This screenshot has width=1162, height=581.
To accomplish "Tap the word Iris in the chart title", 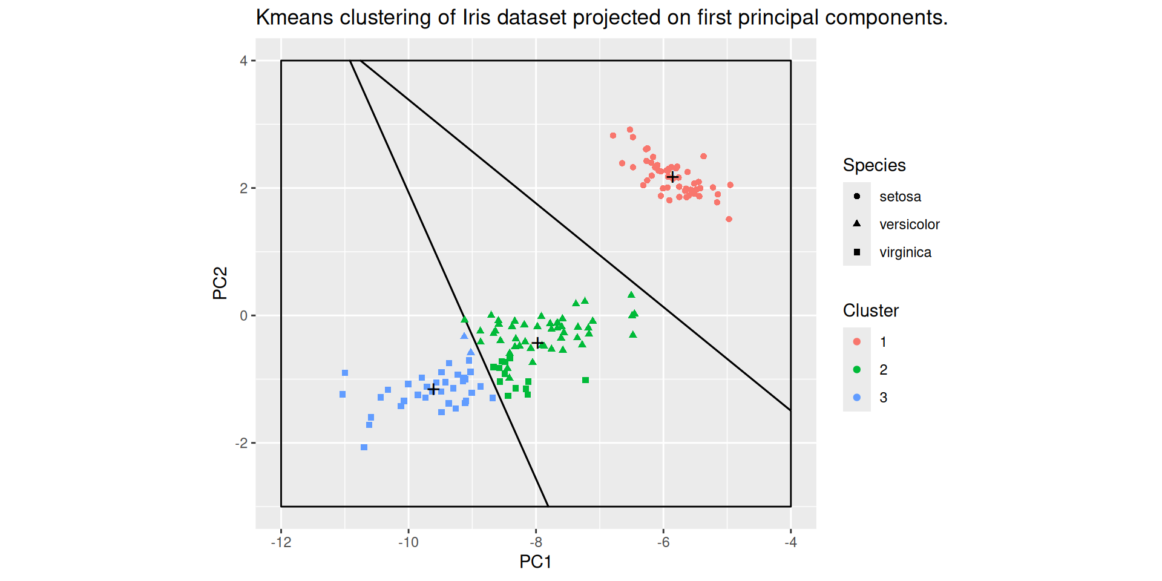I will click(476, 18).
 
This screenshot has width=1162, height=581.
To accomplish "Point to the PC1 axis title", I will click(535, 562).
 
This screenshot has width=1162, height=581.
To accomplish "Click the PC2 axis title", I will click(220, 283).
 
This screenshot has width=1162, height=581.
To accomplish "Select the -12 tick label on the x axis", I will click(281, 542).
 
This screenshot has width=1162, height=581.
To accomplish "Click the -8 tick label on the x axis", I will click(536, 542).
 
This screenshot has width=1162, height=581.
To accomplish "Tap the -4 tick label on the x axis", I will click(790, 542).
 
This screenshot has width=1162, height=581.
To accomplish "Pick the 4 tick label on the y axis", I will click(243, 61).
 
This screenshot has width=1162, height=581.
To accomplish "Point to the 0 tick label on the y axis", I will click(243, 315).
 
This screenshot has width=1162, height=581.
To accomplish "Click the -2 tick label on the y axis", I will click(241, 443).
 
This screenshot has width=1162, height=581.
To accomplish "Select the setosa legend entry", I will click(900, 197).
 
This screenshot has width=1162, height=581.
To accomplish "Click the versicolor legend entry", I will click(909, 225).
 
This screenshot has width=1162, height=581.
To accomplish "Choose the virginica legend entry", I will click(905, 252).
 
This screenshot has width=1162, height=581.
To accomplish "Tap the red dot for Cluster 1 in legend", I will click(857, 342).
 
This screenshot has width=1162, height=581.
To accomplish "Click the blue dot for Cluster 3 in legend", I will click(857, 398).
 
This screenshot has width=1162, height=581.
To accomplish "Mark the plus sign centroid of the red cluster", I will click(672, 177).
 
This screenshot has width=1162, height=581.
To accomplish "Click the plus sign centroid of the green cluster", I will click(537, 343).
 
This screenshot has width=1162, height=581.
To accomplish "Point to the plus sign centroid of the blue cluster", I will click(433, 389).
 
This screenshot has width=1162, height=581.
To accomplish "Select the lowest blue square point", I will click(364, 447).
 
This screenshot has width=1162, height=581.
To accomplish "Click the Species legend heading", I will click(874, 165).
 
